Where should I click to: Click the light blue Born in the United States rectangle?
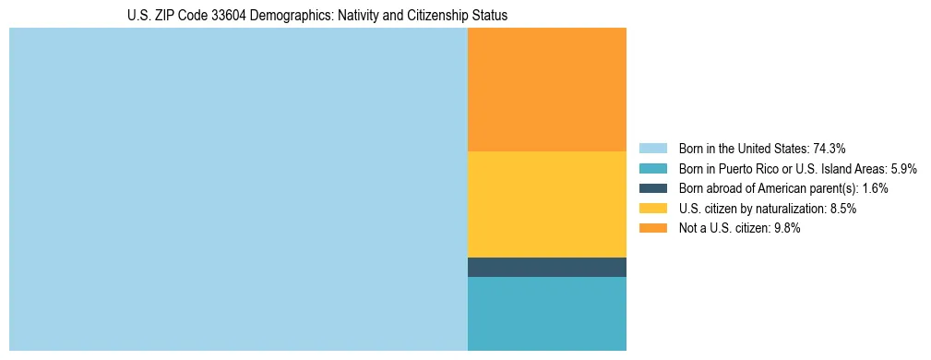tap(238, 189)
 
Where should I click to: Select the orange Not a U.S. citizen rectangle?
tap(547, 90)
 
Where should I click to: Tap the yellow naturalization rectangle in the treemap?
tap(547, 204)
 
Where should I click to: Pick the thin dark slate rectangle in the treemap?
tap(547, 268)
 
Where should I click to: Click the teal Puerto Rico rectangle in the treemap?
tap(547, 314)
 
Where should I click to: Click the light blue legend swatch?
tap(652, 148)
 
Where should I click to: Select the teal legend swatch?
tap(652, 168)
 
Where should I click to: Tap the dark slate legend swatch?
tap(652, 188)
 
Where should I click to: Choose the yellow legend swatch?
tap(652, 209)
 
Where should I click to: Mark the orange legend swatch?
tap(652, 229)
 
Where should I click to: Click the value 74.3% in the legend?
tap(830, 148)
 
